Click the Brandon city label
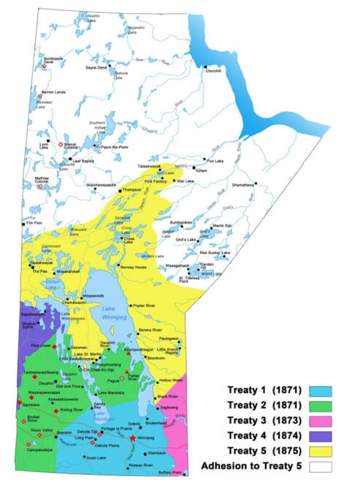pos(64,434)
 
